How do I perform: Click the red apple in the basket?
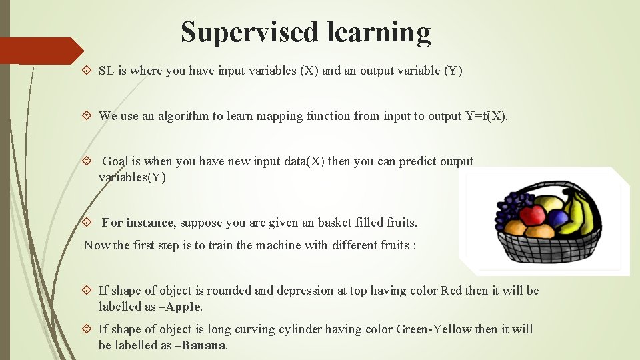click(x=532, y=215)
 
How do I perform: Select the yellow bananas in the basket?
click(x=583, y=212)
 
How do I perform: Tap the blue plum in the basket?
click(x=557, y=218)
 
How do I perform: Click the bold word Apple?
click(x=183, y=307)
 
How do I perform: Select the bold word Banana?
click(x=204, y=346)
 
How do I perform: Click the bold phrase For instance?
click(x=137, y=223)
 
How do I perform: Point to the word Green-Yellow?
click(x=434, y=329)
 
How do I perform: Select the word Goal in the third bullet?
click(x=114, y=161)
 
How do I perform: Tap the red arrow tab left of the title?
click(x=40, y=51)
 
